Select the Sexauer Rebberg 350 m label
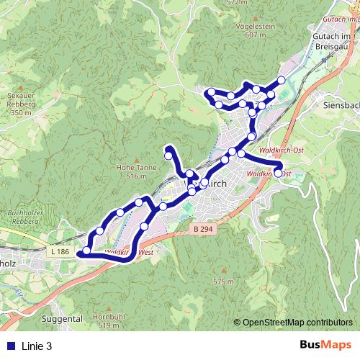point(21,104)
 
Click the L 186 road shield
point(62,251)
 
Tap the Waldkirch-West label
point(130,253)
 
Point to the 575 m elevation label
point(223,282)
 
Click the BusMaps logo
point(325,346)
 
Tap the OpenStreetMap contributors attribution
point(297,323)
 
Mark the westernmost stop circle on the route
point(86,251)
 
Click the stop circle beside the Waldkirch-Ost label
point(278,173)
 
